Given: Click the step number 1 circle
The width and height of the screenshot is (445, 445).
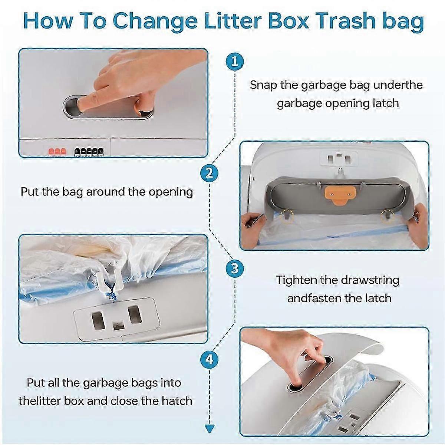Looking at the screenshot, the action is (x=235, y=62).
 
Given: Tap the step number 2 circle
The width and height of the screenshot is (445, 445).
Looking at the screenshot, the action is (x=209, y=173).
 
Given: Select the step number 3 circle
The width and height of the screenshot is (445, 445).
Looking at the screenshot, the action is (x=235, y=268).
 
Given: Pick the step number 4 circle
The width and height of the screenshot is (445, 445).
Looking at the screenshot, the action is (x=209, y=360).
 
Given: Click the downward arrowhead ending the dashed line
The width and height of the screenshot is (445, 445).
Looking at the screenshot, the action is (x=209, y=429).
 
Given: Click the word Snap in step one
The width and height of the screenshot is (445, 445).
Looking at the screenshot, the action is (x=263, y=85).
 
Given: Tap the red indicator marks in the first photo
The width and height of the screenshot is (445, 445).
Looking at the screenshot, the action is (x=57, y=152).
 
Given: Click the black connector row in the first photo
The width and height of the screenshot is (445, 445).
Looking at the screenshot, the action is (x=89, y=152).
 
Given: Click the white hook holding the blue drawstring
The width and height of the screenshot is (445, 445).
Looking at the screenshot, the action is (x=108, y=278).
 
